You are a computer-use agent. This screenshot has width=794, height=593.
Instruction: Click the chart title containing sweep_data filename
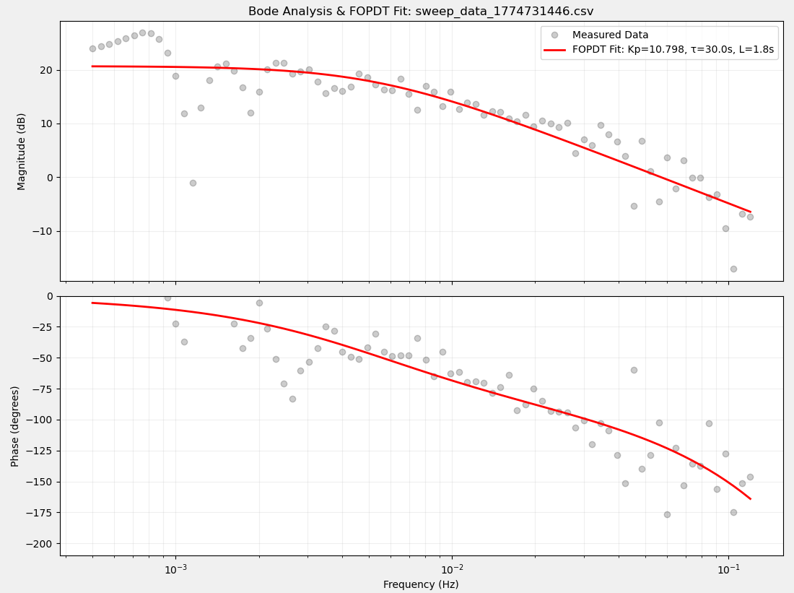(421, 12)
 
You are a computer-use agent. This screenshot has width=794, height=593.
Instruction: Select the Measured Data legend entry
(610, 35)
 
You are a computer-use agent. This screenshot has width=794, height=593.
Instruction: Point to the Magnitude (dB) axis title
(22, 151)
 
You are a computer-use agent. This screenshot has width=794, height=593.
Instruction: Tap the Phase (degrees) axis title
(15, 425)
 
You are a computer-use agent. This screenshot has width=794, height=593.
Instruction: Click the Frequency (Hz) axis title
(421, 584)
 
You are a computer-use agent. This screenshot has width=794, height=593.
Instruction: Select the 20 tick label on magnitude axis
(47, 70)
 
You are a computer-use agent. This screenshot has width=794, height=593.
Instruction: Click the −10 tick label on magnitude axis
(44, 231)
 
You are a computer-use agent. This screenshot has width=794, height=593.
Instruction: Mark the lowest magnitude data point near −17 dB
(733, 269)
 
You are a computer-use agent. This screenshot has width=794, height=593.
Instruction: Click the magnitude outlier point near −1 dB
(193, 183)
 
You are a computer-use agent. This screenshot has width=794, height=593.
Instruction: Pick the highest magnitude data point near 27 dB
(142, 33)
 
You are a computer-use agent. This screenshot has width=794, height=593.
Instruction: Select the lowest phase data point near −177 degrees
(667, 514)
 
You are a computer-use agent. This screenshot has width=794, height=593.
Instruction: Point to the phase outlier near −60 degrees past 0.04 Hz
(634, 370)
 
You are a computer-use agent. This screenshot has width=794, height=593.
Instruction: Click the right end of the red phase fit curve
(750, 498)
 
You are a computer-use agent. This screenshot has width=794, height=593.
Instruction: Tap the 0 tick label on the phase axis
(49, 296)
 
